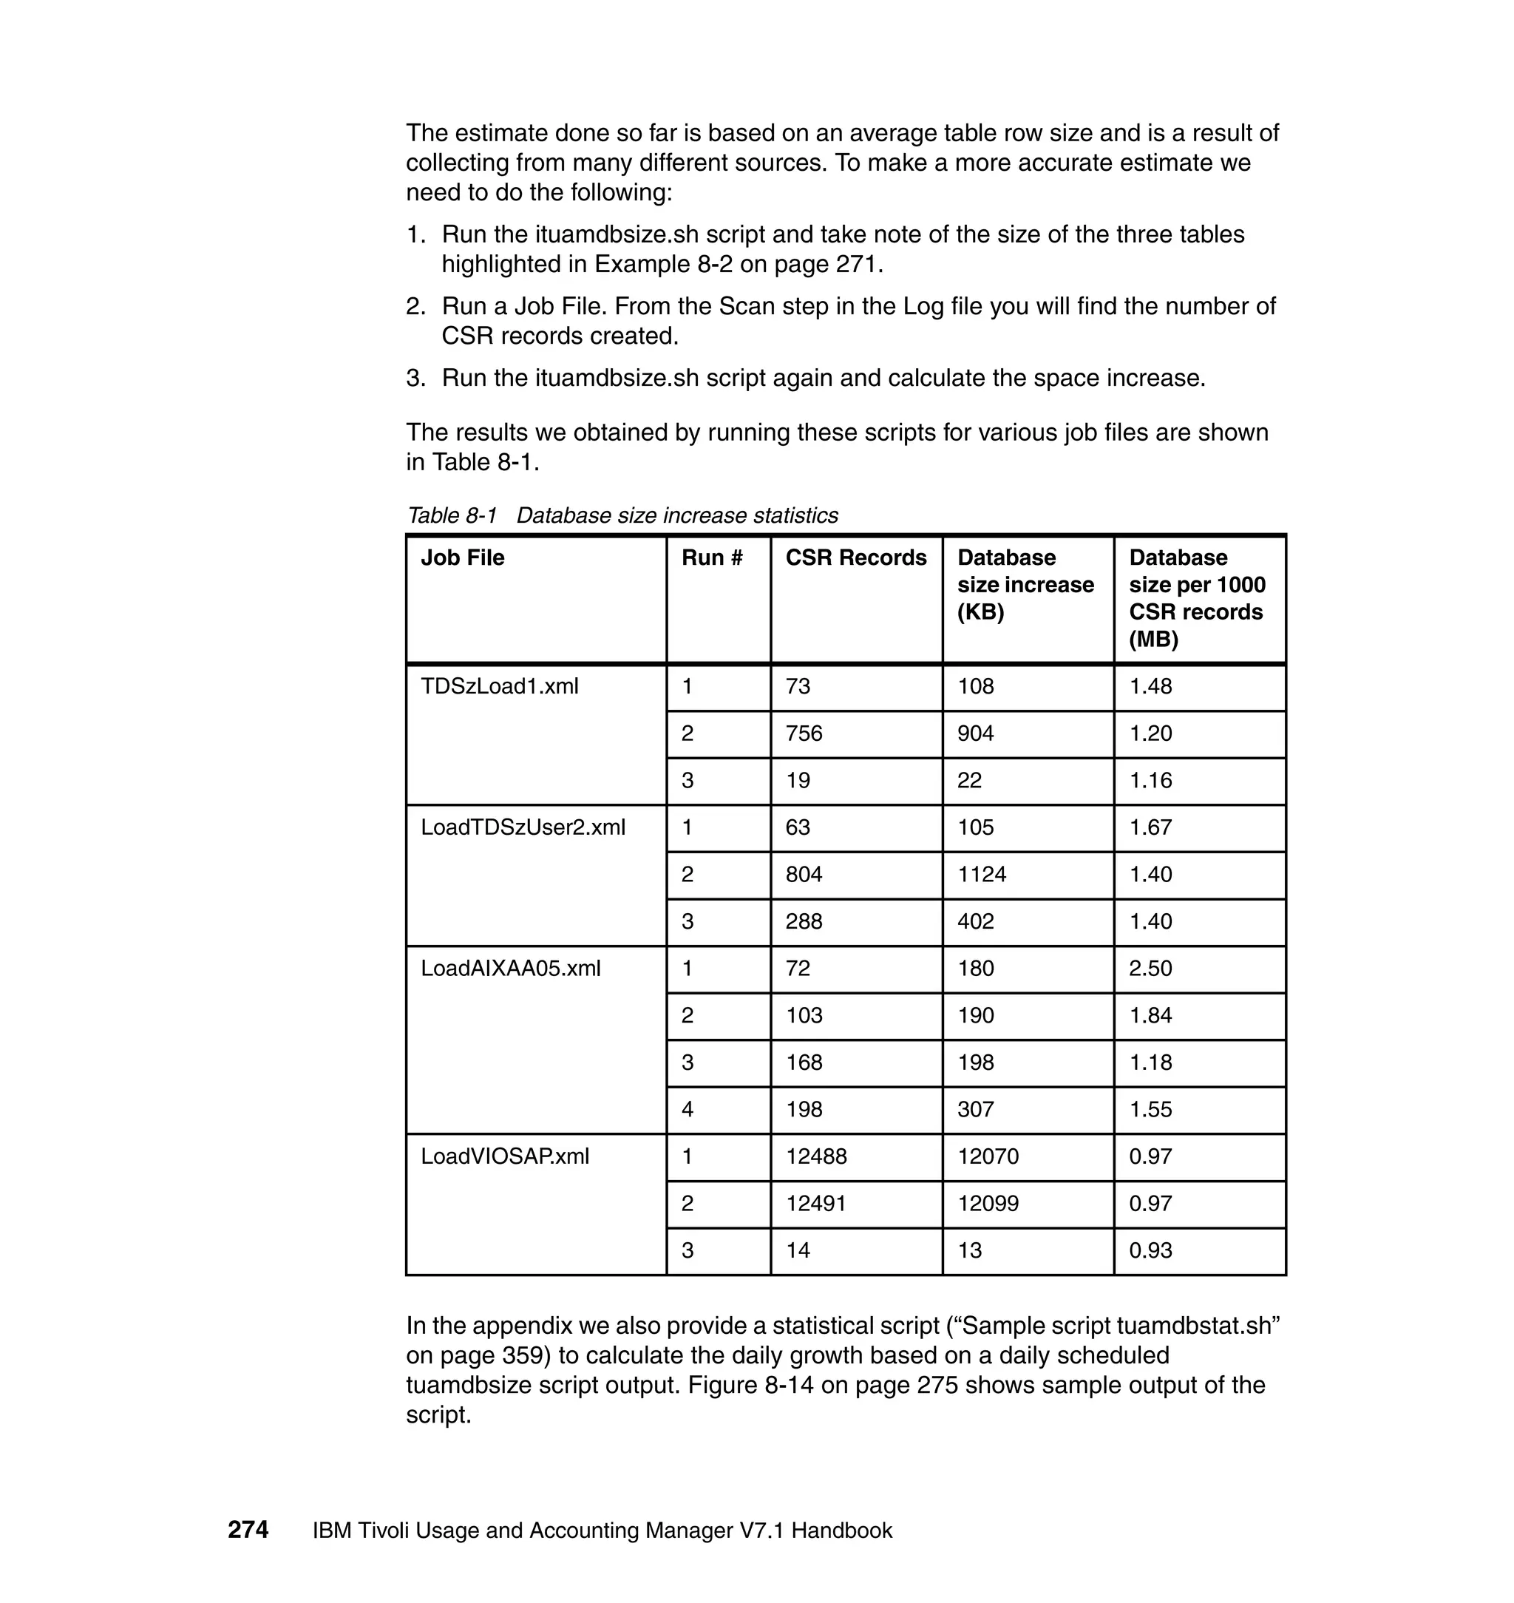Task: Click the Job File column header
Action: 463,558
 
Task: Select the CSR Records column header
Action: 855,558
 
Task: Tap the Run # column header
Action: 712,558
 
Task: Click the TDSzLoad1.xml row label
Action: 500,686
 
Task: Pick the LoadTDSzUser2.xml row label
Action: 523,827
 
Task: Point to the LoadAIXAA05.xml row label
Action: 511,968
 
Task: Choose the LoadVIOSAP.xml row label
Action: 505,1156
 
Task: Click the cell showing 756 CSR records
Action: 804,733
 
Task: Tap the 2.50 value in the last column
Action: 1150,968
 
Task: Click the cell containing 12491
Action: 816,1203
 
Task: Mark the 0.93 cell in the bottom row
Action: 1150,1250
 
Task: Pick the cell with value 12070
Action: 988,1156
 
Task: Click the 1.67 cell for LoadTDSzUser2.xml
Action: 1150,827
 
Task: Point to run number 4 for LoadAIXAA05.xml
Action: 688,1109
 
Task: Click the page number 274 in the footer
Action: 248,1530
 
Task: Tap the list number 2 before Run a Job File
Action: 415,307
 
